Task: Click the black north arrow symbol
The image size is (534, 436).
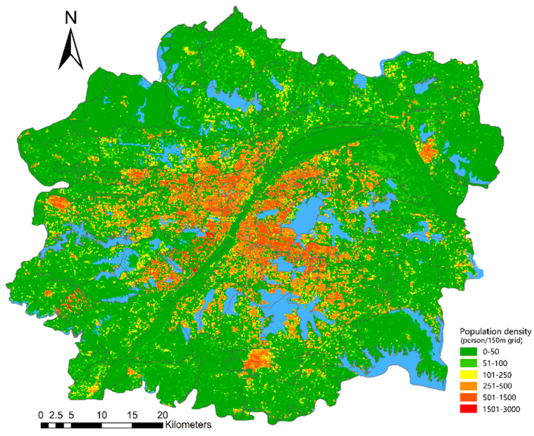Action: pos(71,51)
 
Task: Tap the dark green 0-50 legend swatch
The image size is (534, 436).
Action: pos(468,352)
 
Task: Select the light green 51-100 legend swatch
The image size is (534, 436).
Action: pos(468,363)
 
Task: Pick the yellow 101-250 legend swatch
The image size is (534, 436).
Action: pos(468,375)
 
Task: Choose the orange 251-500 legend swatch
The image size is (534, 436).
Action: pos(468,386)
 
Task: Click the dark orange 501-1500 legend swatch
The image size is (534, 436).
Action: pos(468,397)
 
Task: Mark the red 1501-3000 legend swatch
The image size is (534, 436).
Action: pos(468,409)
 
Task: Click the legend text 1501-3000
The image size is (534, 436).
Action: pos(501,409)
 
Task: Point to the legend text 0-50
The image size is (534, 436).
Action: pos(491,352)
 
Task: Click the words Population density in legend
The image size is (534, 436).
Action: pos(495,332)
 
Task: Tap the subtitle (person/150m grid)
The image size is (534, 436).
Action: pos(491,341)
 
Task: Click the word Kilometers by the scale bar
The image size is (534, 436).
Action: pos(188,425)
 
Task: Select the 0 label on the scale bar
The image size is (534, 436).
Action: pos(41,415)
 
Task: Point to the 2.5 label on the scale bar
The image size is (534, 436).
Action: pos(56,415)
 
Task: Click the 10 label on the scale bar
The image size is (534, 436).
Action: pos(102,415)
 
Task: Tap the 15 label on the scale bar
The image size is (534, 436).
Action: pos(132,415)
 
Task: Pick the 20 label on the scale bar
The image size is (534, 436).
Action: pos(162,415)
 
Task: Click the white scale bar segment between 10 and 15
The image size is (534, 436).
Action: pos(117,425)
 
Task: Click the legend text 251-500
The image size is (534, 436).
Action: pos(497,386)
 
